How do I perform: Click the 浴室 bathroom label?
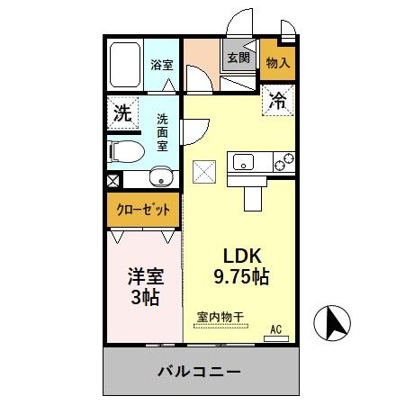pyautogui.click(x=161, y=65)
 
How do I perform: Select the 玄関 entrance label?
pyautogui.click(x=238, y=58)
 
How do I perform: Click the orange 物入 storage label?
pyautogui.click(x=277, y=63)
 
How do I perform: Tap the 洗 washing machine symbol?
pyautogui.click(x=121, y=114)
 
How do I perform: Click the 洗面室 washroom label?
pyautogui.click(x=163, y=131)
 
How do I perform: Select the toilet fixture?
pyautogui.click(x=121, y=150)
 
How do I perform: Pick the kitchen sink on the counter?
pyautogui.click(x=244, y=163)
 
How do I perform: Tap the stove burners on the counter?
pyautogui.click(x=283, y=163)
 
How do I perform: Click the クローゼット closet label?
pyautogui.click(x=143, y=211)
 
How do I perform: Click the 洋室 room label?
pyautogui.click(x=143, y=276)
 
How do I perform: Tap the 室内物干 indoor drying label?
pyautogui.click(x=220, y=317)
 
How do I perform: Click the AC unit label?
pyautogui.click(x=278, y=330)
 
